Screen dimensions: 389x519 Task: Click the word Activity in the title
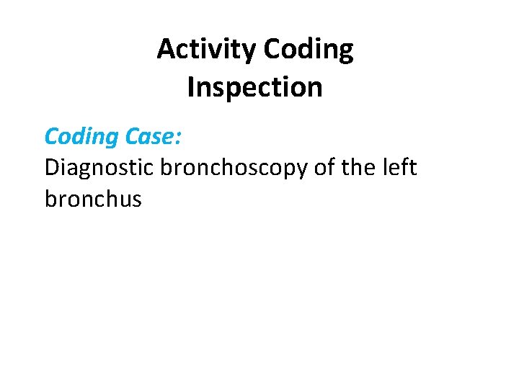click(x=207, y=49)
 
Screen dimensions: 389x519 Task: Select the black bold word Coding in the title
click(x=309, y=49)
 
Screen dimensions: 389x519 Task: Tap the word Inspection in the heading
click(x=254, y=87)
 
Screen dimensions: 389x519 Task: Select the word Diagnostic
click(x=99, y=167)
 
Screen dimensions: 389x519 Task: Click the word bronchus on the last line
click(x=93, y=199)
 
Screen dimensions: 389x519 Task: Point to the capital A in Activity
click(x=165, y=49)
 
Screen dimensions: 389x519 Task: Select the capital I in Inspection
click(x=190, y=87)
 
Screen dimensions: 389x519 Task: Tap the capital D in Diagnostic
click(x=51, y=167)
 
